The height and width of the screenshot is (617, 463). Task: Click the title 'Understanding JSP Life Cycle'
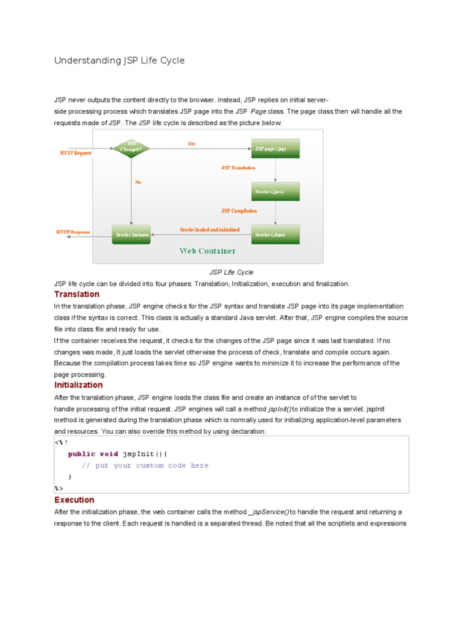119,60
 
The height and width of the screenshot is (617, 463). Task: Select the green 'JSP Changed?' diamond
131,148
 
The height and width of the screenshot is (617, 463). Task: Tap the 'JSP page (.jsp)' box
276,148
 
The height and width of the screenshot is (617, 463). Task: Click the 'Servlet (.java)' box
276,192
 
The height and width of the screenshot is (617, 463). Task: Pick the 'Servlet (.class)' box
276,234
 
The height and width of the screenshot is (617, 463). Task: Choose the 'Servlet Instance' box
131,234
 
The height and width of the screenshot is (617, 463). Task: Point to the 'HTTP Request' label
75,153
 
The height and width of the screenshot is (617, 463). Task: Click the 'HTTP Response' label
73,231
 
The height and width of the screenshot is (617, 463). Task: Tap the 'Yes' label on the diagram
192,144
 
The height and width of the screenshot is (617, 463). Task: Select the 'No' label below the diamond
138,182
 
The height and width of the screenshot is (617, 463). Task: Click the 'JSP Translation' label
238,168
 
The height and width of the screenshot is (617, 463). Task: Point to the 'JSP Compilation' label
239,211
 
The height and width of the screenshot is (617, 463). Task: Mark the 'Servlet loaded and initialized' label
210,230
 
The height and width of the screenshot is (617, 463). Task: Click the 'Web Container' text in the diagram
207,251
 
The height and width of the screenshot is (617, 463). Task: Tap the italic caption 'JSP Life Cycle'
231,272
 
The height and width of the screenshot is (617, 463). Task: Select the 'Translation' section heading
77,294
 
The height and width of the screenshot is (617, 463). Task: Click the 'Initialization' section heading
78,385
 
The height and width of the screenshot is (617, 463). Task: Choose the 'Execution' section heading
74,500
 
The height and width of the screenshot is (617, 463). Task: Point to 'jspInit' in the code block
138,454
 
